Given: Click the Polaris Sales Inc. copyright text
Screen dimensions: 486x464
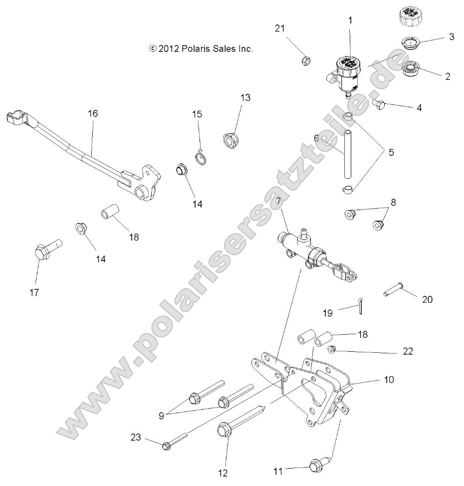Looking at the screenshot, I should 201,49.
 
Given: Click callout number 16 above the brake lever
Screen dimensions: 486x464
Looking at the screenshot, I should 93,113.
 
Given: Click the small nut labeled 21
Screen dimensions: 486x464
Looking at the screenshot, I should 306,61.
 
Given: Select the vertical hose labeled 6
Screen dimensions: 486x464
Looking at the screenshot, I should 348,155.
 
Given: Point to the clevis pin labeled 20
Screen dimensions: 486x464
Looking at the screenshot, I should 394,292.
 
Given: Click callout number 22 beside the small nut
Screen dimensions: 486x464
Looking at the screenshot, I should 408,351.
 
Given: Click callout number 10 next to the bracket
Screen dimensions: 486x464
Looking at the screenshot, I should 389,380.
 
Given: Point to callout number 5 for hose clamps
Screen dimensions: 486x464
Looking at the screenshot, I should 391,152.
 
